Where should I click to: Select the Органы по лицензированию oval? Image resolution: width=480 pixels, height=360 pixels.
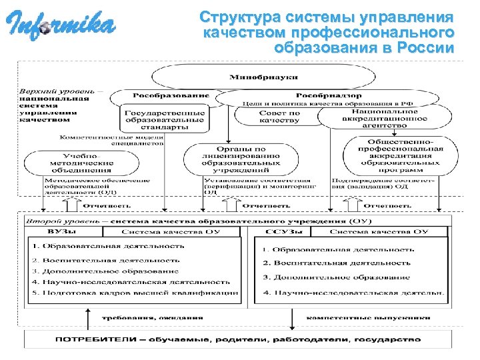(233, 159)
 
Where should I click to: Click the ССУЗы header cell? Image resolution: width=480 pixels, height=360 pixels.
(283, 231)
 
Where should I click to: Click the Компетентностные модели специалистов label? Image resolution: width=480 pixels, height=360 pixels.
(111, 140)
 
